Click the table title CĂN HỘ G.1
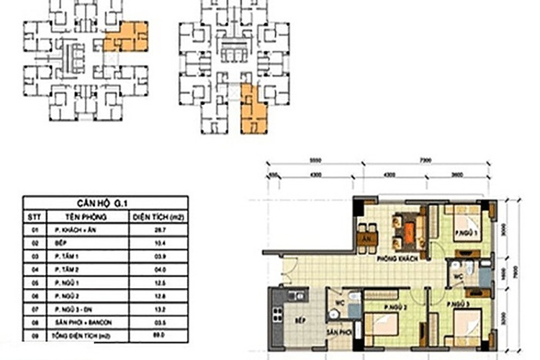pos(105,203)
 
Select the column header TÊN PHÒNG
pos(87,216)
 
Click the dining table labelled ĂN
pos(366,238)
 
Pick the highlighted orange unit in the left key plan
pos(125,37)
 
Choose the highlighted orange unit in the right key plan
pos(253,110)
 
